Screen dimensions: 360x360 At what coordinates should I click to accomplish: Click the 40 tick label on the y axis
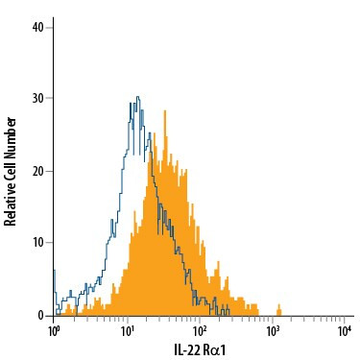pos(38,26)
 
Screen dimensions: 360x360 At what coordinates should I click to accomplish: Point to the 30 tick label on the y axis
pos(38,98)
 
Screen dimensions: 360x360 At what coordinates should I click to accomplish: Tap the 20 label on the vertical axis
pos(38,171)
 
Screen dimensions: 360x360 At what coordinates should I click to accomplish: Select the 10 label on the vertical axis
pos(38,243)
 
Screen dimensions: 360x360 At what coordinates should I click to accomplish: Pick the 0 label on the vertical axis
pos(41,315)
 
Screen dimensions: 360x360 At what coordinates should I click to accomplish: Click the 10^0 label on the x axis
pos(55,331)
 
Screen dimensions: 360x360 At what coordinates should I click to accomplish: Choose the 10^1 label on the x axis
pos(128,331)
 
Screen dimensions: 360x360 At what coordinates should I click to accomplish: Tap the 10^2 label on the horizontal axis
pos(201,331)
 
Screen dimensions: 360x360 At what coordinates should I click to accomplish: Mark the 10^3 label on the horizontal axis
pos(274,331)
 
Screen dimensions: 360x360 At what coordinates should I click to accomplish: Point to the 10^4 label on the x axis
pos(345,331)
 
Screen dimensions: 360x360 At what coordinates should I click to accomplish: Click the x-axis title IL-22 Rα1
pos(200,350)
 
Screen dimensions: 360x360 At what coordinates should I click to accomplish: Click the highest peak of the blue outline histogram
pos(138,97)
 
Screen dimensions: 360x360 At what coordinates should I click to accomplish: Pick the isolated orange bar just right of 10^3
pos(278,309)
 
